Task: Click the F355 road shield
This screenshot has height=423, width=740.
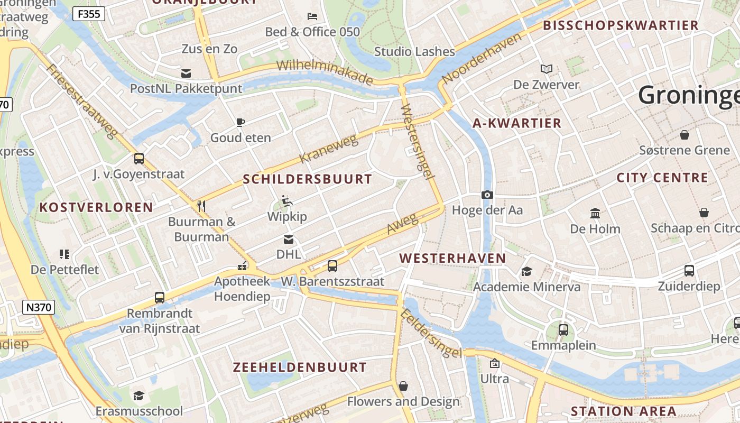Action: [88, 14]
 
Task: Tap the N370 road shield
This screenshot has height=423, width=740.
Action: [39, 307]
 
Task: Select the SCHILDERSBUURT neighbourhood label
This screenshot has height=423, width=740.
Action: [308, 179]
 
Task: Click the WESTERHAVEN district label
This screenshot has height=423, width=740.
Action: [452, 259]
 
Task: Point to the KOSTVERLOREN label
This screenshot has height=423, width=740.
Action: [96, 207]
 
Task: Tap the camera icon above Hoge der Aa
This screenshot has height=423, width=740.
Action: [487, 195]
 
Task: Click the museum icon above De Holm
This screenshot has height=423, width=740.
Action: [595, 213]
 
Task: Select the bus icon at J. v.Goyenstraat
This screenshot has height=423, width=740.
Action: [139, 158]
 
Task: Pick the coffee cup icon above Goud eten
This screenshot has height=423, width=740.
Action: [240, 123]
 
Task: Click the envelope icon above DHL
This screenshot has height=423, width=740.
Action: [289, 239]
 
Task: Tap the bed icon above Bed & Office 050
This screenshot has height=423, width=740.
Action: [312, 16]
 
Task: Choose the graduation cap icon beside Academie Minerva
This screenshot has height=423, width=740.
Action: [526, 272]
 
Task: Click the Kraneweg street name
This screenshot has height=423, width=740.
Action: [328, 149]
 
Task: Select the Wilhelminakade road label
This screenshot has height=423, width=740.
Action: [325, 73]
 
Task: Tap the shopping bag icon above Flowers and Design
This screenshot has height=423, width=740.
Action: [403, 386]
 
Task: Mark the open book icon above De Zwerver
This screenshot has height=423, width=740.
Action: [547, 69]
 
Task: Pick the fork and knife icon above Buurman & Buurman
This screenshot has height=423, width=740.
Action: [201, 206]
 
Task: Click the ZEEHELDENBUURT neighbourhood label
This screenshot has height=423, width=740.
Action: [300, 367]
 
